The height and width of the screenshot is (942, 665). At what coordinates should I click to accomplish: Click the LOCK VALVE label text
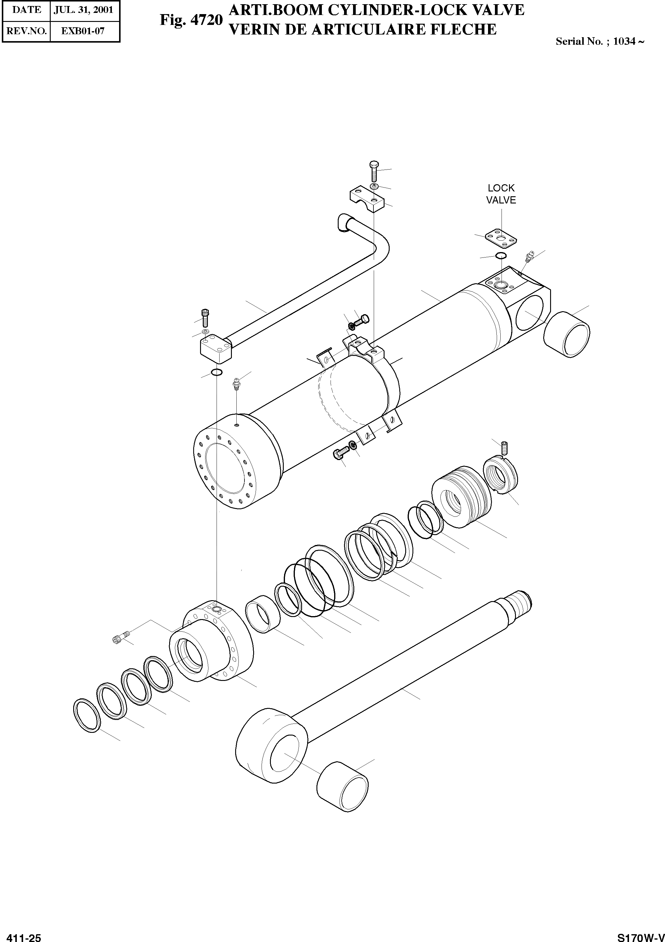(x=501, y=194)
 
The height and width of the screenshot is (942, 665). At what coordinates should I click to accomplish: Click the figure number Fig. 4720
(x=191, y=20)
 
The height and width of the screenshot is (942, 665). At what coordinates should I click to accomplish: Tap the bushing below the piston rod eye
(x=343, y=787)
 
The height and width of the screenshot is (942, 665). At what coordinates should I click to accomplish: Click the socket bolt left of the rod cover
(x=121, y=638)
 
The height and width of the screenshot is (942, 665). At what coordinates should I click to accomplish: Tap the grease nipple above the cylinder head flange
(x=236, y=384)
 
